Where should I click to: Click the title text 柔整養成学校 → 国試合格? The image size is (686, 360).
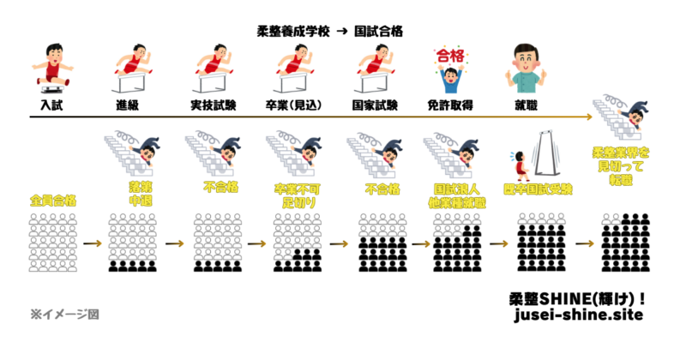330,30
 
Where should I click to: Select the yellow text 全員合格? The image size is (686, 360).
52,202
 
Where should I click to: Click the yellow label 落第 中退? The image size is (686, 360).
134,193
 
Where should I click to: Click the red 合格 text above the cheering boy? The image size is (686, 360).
448,57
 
